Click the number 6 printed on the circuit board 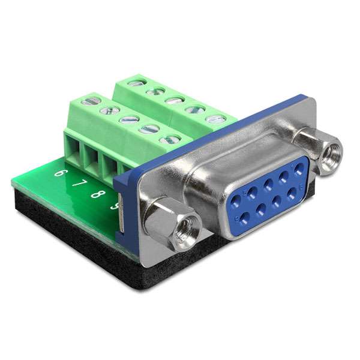[x=59, y=173]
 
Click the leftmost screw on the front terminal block [x=92, y=101]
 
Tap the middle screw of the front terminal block [x=129, y=119]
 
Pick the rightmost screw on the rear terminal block [x=215, y=119]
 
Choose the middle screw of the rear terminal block [x=175, y=100]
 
